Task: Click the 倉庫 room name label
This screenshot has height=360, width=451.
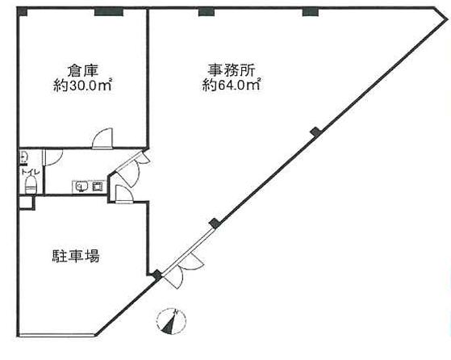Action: [83, 70]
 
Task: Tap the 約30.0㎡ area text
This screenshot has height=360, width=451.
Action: [82, 86]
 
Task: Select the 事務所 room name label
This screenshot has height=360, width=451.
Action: [232, 70]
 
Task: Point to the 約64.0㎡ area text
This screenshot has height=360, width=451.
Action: [232, 85]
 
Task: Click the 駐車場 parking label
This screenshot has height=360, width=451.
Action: [76, 256]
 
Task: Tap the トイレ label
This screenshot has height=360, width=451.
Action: [28, 172]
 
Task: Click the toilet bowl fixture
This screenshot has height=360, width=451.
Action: [31, 185]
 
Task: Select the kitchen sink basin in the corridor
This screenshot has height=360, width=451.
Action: [81, 187]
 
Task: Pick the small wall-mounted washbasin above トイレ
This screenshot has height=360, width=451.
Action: [23, 157]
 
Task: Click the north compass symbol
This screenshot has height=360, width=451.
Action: [171, 322]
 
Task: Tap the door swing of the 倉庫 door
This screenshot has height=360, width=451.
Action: [103, 138]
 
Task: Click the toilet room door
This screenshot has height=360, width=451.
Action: [52, 157]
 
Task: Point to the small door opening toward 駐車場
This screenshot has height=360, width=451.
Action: [123, 195]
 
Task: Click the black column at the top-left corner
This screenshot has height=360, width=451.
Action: [23, 11]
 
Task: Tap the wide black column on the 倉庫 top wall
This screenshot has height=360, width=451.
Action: [109, 12]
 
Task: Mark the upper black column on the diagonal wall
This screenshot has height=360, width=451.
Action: [316, 132]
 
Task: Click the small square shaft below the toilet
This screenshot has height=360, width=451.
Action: [27, 203]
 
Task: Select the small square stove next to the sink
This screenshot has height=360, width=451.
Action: [97, 187]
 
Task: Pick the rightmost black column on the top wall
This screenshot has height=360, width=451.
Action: [311, 12]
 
